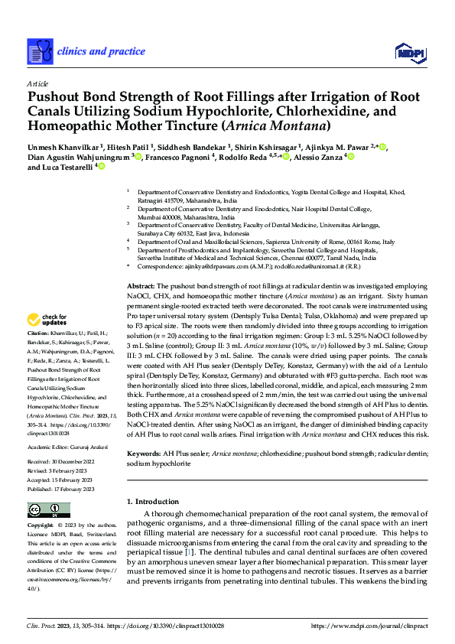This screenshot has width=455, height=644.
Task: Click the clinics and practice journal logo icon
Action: (40, 50)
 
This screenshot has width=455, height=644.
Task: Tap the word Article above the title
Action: (37, 83)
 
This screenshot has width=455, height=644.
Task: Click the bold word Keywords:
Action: (145, 454)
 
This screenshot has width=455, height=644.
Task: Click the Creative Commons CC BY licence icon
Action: (44, 510)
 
